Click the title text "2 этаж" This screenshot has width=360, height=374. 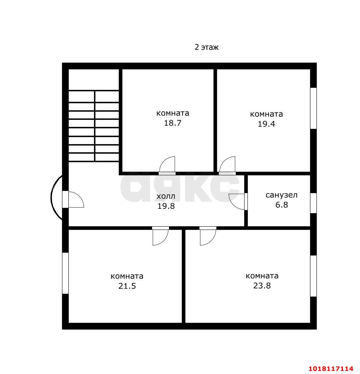pyautogui.click(x=207, y=47)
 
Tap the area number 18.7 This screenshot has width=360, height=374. pyautogui.click(x=172, y=123)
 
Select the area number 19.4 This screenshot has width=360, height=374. pyautogui.click(x=266, y=124)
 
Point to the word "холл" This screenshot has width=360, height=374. pyautogui.click(x=166, y=197)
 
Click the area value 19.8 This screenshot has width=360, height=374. pyautogui.click(x=166, y=206)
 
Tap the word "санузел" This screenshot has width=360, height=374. pyautogui.click(x=282, y=195)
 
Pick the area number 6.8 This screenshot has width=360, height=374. pyautogui.click(x=282, y=205)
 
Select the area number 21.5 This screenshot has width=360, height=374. pyautogui.click(x=127, y=286)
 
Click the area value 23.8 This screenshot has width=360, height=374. pyautogui.click(x=262, y=286)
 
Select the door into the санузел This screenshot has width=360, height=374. pyautogui.click(x=238, y=202)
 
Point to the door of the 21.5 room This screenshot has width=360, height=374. pyautogui.click(x=161, y=236)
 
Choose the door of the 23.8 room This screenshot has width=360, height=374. pyautogui.click(x=208, y=236)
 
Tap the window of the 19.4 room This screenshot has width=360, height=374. pyautogui.click(x=314, y=108)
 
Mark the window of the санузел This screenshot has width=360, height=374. pyautogui.click(x=314, y=203)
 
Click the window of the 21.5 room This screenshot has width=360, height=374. pyautogui.click(x=65, y=273)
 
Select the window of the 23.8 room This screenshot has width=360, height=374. pyautogui.click(x=314, y=276)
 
